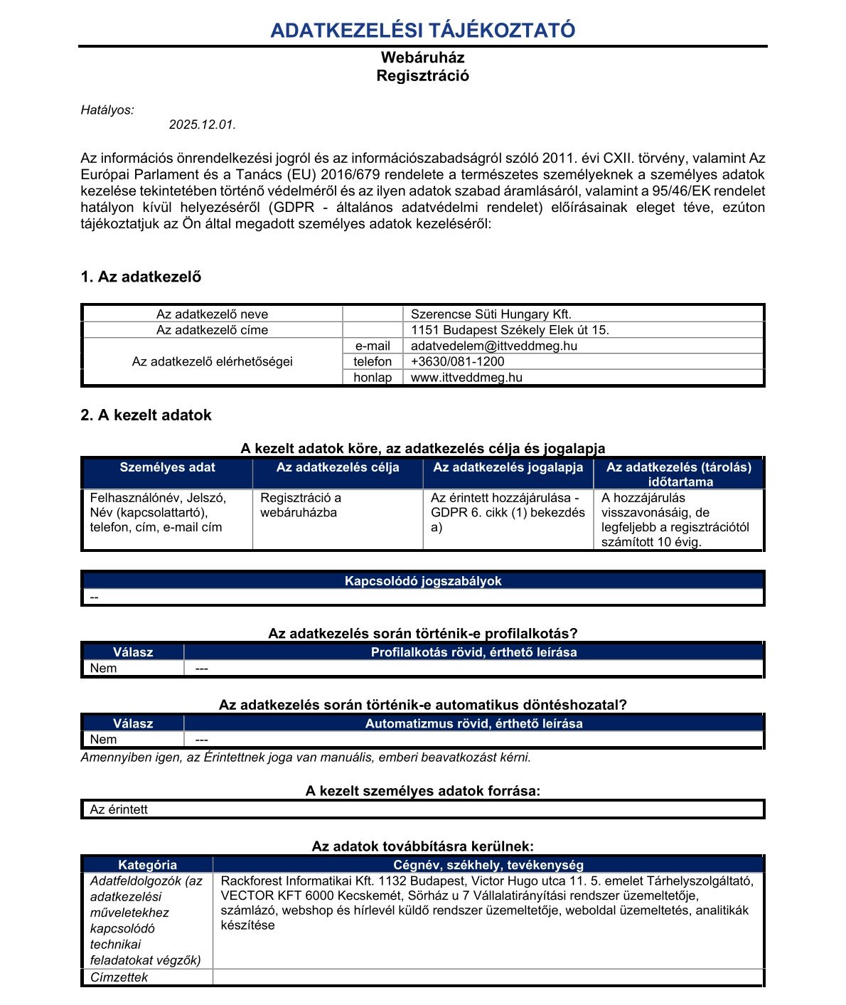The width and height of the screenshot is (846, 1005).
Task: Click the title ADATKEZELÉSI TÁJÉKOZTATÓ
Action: tap(422, 31)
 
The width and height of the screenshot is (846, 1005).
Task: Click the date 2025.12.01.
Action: tap(202, 125)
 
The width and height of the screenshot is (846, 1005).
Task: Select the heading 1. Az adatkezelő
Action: tap(141, 277)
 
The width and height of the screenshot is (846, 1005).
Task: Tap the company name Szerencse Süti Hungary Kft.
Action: tap(491, 314)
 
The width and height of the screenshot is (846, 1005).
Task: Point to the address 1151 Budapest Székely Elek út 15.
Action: tap(510, 330)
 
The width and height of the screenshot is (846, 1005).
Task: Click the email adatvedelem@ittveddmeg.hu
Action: tap(493, 346)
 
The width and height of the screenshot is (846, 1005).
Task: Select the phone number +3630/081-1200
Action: tap(457, 362)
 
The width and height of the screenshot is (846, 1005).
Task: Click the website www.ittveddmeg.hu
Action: tap(466, 378)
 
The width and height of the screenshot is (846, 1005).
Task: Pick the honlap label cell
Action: tap(373, 378)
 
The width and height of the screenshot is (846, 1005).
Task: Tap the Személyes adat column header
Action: tap(167, 468)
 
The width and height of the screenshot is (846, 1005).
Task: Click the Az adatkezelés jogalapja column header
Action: tap(508, 468)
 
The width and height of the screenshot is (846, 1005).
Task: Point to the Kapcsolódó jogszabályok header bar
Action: tap(422, 581)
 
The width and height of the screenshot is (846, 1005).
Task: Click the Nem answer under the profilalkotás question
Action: tap(104, 669)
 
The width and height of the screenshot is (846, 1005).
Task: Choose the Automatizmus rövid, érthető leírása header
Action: tap(473, 723)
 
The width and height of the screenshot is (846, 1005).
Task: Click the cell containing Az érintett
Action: tap(119, 809)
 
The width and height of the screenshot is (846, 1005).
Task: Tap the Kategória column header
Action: tap(147, 865)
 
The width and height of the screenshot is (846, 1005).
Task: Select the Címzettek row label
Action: tap(119, 977)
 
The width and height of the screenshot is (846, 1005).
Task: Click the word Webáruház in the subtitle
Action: tap(422, 58)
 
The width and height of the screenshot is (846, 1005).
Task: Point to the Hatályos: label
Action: tap(107, 110)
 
